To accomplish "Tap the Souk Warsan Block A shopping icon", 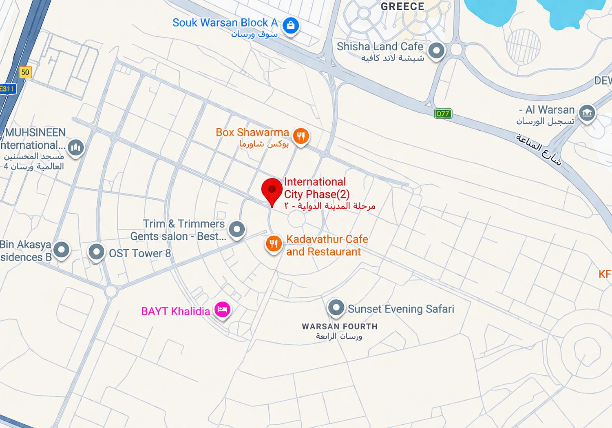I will point(290,25).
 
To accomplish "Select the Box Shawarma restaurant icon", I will point(301,136).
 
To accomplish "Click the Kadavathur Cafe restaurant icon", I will point(274,244).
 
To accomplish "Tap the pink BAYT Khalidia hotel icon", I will point(222,310).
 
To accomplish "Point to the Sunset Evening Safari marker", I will point(336,307).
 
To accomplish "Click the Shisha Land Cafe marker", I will point(436,51).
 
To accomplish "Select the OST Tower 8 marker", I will point(96,252).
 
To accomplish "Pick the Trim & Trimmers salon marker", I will point(237,229).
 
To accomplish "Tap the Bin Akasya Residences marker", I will point(62,249).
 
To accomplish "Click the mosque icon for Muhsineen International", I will point(76,147).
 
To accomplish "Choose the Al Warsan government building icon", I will point(587,112).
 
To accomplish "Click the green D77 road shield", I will point(443,114).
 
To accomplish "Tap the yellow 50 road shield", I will point(25,72).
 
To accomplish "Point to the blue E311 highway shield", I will point(7,89).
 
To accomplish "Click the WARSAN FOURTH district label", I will point(340,326).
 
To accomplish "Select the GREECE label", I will point(402,6).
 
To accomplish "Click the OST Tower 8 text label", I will point(140,253).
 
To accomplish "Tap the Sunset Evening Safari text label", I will point(401,309).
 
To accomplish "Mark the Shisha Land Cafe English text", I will point(380,47).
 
